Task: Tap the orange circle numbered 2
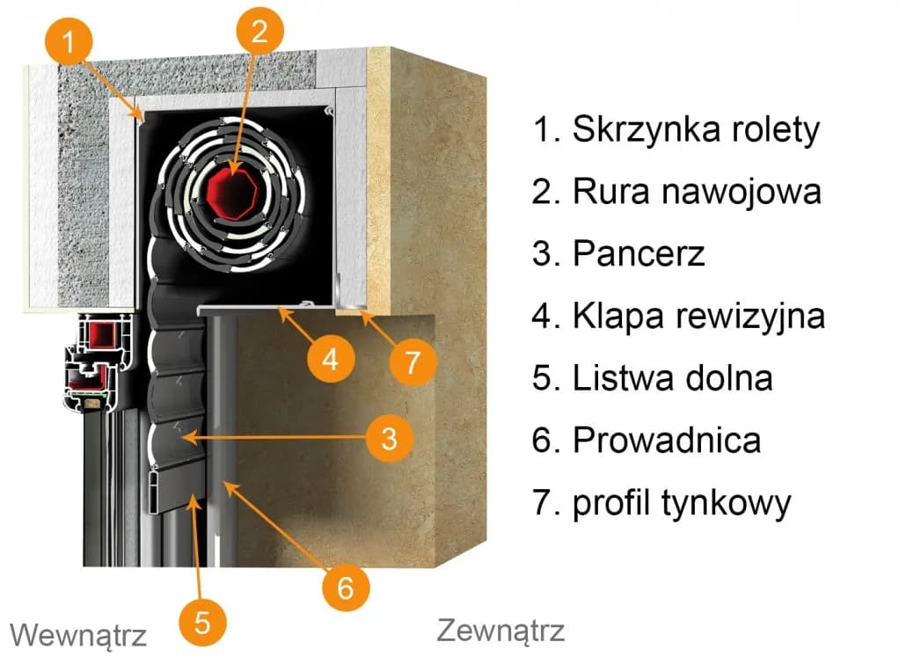(x=259, y=33)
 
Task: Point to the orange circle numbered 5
(x=202, y=623)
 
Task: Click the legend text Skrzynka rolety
(x=676, y=129)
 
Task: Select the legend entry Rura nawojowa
(x=676, y=191)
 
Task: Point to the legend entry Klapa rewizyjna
(x=678, y=316)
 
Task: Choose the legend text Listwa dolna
(x=652, y=378)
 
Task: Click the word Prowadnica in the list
(x=646, y=440)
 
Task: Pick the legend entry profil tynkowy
(x=661, y=503)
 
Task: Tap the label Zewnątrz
(x=500, y=630)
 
